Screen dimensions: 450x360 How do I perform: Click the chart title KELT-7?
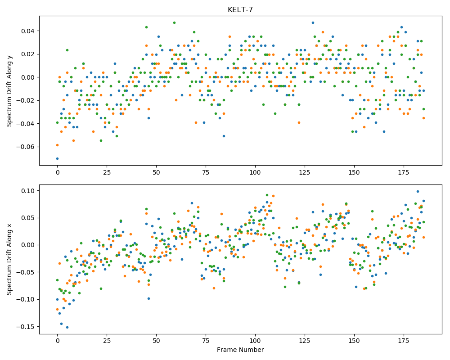pos(240,10)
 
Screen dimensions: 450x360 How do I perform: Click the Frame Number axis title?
pos(240,350)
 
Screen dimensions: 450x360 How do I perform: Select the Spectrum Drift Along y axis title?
pos(9,91)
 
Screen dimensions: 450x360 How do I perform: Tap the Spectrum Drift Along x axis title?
pos(9,260)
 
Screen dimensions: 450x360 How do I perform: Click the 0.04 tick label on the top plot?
pos(28,31)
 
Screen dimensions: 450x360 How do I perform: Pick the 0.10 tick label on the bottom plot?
pos(28,191)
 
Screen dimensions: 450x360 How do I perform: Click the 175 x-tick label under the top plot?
pos(404,172)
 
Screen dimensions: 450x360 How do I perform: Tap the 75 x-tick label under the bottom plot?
pos(206,341)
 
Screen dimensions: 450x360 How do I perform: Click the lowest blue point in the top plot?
pos(58,158)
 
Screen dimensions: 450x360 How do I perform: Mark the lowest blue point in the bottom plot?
pos(67,327)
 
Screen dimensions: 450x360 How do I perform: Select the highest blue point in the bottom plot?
pos(418,192)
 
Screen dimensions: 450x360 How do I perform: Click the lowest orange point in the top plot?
pos(58,145)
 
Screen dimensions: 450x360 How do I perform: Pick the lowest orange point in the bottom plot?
pos(58,310)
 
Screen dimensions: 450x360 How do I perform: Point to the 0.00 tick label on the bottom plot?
pos(28,245)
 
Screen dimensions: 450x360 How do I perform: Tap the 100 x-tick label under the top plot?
pos(255,172)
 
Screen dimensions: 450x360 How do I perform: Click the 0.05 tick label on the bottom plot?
pos(28,218)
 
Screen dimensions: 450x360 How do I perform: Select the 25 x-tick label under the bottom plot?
pos(107,341)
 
